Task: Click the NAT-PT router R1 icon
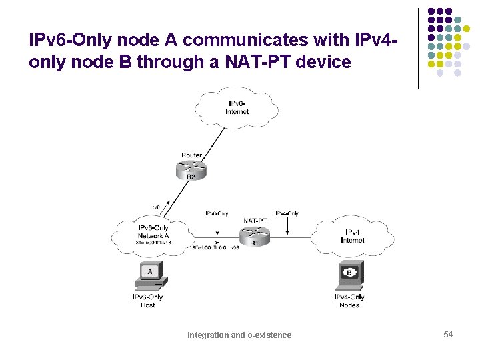255,234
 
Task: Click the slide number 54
448,334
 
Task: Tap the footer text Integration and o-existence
239,335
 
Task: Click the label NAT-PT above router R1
255,220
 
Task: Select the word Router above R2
191,155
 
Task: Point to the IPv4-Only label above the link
287,213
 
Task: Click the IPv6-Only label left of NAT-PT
217,213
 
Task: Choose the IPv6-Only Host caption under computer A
148,301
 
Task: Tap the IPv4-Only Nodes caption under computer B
349,301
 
